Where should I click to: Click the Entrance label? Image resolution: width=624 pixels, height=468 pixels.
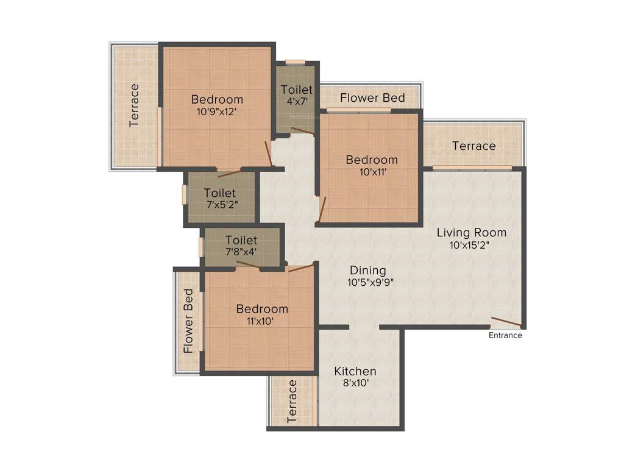coord(505,335)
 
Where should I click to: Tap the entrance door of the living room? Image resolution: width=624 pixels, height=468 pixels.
coord(506,322)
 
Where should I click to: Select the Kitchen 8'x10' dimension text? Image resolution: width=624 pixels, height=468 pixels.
coord(355,383)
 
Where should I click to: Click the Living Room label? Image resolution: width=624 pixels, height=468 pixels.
coord(471,232)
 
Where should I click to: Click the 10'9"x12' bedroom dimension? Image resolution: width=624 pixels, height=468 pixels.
coord(217,112)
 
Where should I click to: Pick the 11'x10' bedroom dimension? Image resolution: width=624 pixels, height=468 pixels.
coord(262,321)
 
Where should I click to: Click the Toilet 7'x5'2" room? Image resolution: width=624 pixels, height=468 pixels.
coord(221,199)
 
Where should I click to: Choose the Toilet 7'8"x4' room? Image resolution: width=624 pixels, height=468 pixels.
coord(241,246)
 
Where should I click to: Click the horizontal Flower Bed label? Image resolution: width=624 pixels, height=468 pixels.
coord(372,97)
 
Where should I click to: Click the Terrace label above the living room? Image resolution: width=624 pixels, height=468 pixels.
coord(473,146)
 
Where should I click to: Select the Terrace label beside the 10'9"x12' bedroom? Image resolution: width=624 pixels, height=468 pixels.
coord(135,105)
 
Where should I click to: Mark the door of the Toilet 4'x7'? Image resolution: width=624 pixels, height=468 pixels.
coord(302,130)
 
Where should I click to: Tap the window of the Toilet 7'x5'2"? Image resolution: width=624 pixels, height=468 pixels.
coord(184,194)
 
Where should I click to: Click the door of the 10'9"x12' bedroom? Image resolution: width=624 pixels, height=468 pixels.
coord(268,153)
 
